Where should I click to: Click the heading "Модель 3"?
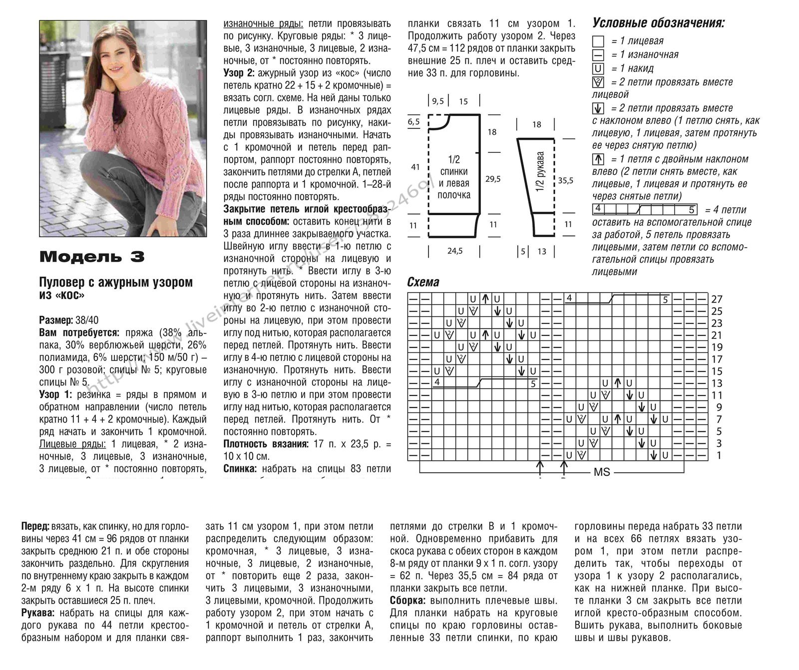click(92, 257)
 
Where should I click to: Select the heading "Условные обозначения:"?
click(658, 23)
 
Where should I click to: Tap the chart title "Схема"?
click(423, 282)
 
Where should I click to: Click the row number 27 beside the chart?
click(717, 300)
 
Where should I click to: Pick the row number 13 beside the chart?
click(717, 383)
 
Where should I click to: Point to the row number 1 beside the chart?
click(719, 455)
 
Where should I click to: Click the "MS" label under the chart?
click(602, 472)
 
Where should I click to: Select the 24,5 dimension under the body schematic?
click(454, 251)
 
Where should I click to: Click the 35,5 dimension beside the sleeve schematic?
click(565, 181)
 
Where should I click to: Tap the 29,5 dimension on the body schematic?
click(493, 179)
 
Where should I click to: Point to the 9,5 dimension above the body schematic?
click(438, 101)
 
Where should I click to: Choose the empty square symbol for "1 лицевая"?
click(598, 42)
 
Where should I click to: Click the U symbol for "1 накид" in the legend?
click(598, 69)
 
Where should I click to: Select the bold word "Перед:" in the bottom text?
click(35, 527)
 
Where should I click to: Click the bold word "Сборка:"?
click(407, 601)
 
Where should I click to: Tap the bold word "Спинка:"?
click(241, 469)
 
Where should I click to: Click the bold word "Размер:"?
click(56, 320)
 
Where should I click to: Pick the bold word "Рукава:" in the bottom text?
click(39, 613)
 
